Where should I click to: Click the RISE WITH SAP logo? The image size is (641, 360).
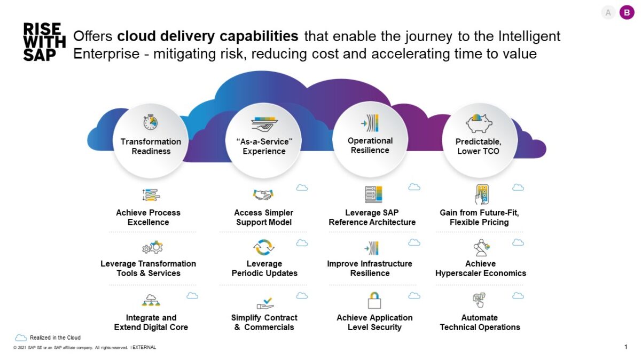[x=44, y=42]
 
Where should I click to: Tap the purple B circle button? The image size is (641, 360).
[x=627, y=12]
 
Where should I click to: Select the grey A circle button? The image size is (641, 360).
[x=608, y=12]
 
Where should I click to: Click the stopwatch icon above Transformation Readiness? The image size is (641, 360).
[x=151, y=122]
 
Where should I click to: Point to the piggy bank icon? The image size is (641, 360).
[x=479, y=123]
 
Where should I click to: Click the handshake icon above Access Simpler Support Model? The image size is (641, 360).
[x=263, y=195]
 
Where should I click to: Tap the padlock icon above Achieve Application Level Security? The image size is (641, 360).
[x=374, y=300]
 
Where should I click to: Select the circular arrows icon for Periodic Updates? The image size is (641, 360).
[x=263, y=247]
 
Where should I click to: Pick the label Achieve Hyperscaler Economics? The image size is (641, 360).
[x=480, y=268]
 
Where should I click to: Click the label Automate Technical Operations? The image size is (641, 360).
[x=480, y=322]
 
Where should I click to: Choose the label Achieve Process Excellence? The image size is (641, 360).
[x=148, y=217]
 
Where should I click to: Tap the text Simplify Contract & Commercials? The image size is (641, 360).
[x=264, y=322]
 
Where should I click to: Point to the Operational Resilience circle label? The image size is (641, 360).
[x=370, y=145]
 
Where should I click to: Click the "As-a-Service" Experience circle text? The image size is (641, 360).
[x=264, y=146]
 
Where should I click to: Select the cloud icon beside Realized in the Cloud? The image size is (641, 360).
[x=21, y=338]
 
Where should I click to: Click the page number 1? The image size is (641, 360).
[x=626, y=347]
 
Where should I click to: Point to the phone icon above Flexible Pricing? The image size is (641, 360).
[x=481, y=194]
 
